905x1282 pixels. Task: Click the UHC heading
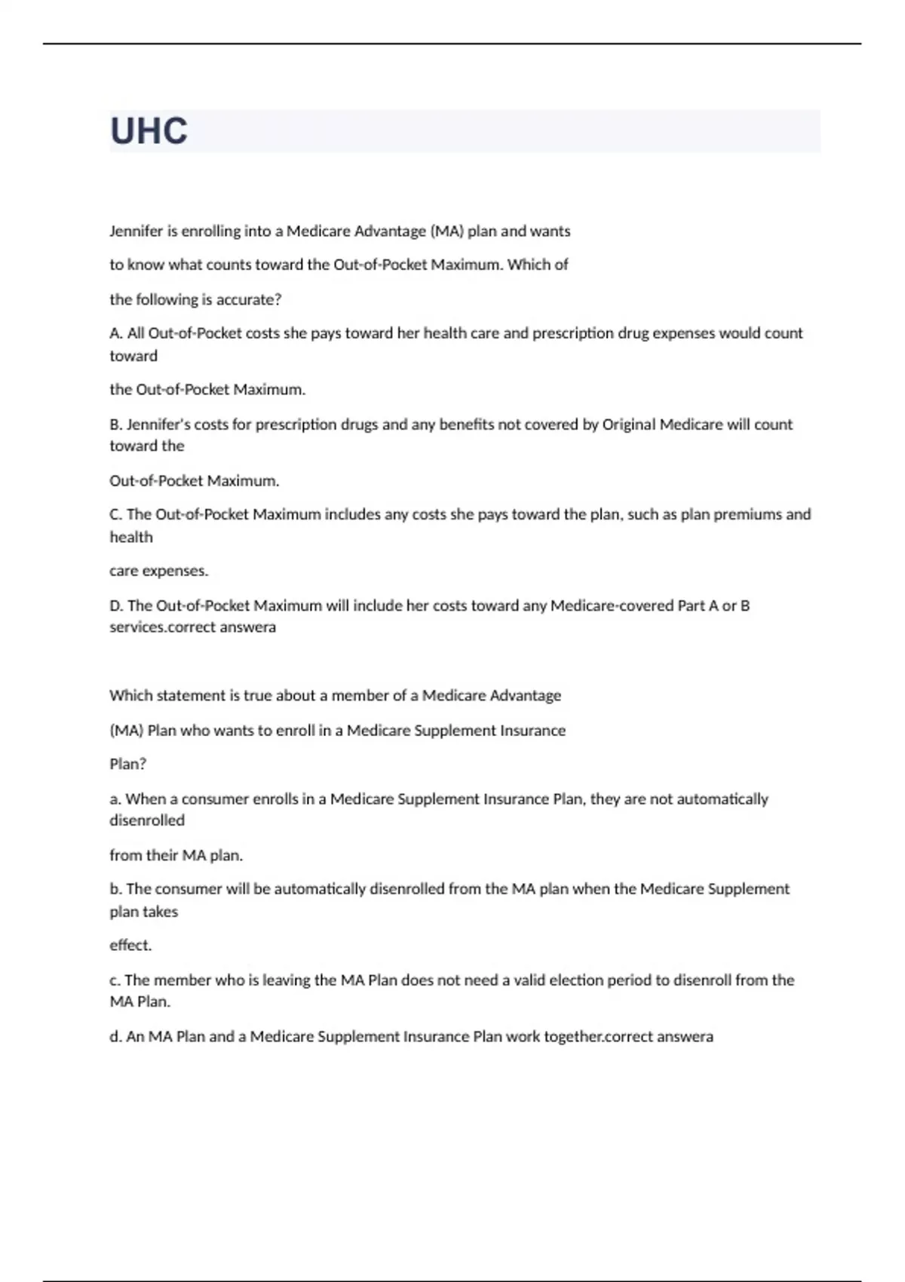149,131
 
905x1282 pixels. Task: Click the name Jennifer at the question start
137,232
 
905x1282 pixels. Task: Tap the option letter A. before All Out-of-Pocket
116,333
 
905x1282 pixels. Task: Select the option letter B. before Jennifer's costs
116,425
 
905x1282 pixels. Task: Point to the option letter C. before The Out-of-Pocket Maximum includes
116,514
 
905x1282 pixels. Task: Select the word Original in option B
628,425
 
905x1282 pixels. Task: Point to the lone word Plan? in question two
128,764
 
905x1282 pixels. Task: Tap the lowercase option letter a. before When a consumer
115,799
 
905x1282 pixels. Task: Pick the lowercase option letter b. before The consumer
116,889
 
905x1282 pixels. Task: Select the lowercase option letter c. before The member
115,980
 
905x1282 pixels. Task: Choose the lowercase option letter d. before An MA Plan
116,1037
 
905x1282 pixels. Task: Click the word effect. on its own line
130,945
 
